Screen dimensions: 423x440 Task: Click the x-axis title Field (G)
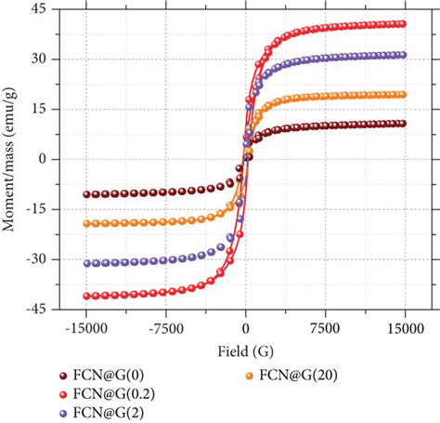click(245, 351)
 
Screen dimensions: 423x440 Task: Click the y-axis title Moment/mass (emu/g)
click(12, 159)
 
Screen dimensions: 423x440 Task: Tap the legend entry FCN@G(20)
click(300, 377)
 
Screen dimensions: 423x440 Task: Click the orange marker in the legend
click(250, 377)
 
